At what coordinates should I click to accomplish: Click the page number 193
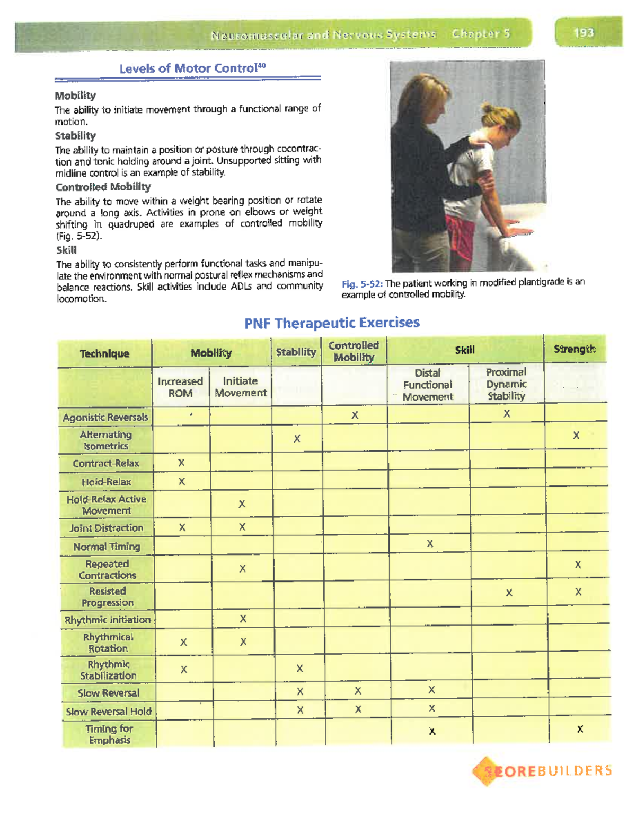(584, 33)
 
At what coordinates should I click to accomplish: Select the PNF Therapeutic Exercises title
(332, 323)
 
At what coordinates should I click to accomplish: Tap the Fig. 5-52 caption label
(362, 283)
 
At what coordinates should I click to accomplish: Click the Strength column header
(575, 349)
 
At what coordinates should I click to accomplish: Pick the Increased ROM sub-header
(180, 387)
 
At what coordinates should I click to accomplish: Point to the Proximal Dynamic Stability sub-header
(506, 384)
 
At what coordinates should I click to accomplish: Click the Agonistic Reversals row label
(105, 418)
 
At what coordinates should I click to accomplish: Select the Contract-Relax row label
(106, 464)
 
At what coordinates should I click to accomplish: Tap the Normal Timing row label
(107, 547)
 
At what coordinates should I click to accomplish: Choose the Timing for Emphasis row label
(109, 734)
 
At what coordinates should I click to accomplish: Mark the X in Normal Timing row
(430, 544)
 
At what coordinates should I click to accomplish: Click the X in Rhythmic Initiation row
(243, 619)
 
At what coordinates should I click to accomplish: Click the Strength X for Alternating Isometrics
(576, 436)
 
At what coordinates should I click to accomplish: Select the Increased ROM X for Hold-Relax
(182, 482)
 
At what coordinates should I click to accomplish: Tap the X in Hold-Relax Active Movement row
(242, 504)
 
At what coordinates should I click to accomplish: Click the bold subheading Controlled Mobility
(103, 187)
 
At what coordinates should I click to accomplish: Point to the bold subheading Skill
(66, 250)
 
